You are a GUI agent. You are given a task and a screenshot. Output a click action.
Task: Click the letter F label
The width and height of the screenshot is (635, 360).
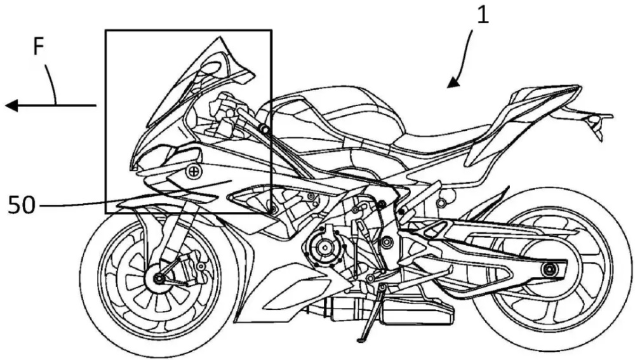coord(39,47)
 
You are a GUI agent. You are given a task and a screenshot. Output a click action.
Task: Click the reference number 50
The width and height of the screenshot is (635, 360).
coord(22,205)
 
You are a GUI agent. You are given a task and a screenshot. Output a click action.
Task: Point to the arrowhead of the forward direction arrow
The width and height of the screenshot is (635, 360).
coord(11,105)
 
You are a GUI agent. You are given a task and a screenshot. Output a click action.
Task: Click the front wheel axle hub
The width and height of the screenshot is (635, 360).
coord(158,278)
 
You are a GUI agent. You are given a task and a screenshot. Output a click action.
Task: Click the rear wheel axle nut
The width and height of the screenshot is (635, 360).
coord(549,269)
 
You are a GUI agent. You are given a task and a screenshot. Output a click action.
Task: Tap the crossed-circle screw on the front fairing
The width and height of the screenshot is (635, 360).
coord(194,172)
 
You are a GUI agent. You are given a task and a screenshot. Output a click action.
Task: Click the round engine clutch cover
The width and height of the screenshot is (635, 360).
coord(324,246)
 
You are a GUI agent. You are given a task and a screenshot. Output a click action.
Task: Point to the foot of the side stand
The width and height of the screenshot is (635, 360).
coord(362,338)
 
